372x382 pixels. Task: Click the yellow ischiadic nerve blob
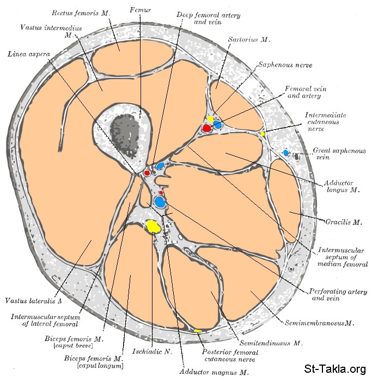[x=154, y=226]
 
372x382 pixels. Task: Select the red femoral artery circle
[x=206, y=128]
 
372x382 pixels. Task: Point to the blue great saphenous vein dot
[x=286, y=153]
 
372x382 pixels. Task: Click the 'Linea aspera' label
[x=28, y=54]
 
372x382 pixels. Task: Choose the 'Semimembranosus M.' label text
[x=319, y=323]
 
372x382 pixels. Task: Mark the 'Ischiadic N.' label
[x=151, y=351]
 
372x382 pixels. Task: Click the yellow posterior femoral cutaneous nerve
[x=198, y=331]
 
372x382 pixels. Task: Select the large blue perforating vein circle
[x=160, y=202]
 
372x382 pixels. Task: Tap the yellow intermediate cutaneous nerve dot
[x=262, y=134]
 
